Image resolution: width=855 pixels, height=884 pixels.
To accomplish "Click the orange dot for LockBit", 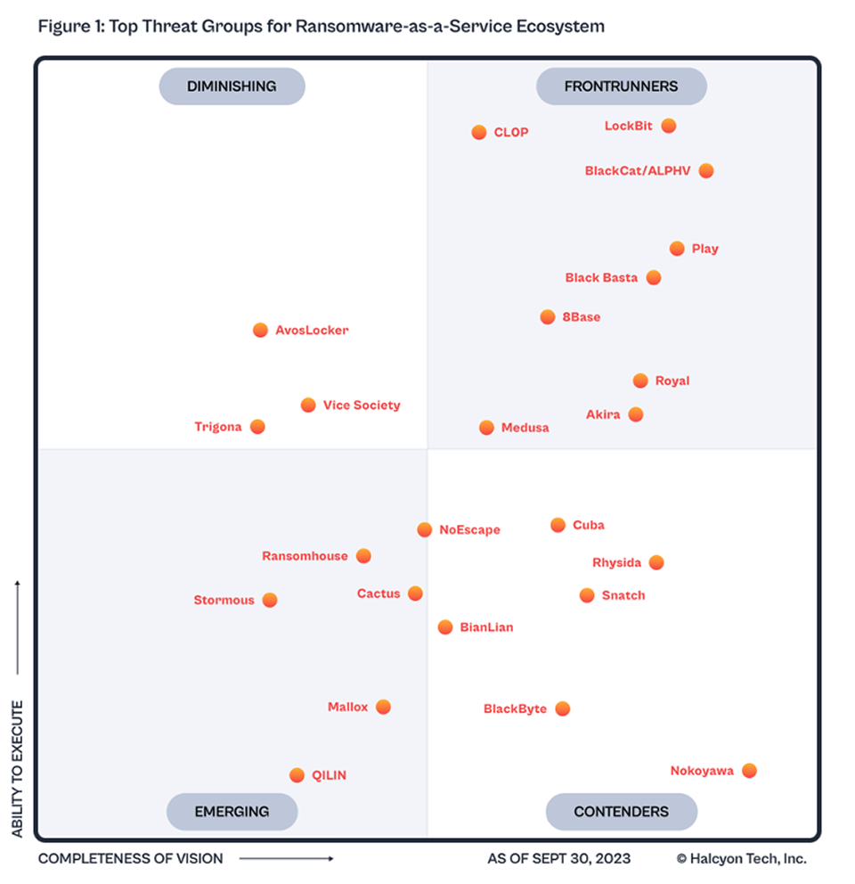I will [669, 126].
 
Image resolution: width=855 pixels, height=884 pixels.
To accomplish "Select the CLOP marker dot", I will [479, 133].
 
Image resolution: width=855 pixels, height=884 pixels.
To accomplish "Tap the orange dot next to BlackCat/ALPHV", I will [706, 170].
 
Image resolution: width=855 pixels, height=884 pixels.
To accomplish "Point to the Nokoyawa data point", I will [749, 771].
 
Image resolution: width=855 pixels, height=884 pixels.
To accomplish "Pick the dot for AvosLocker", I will [260, 331].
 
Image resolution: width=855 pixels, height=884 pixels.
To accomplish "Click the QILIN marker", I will [297, 775].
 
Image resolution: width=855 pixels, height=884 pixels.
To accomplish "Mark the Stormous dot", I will [270, 601].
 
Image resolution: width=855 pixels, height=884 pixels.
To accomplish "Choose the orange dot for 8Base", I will [548, 317].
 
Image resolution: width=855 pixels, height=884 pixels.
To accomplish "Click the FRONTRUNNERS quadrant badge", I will [621, 86].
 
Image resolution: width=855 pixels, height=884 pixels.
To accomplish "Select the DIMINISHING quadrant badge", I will [232, 86].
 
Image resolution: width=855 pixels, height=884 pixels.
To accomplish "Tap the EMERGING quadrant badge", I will [232, 812].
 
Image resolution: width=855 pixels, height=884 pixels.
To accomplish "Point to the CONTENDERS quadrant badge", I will [621, 812].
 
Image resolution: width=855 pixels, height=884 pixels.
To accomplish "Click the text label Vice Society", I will [362, 405].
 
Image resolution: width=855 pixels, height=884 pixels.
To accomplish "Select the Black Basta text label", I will [601, 278].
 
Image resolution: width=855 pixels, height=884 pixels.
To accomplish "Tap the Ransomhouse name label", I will [305, 556].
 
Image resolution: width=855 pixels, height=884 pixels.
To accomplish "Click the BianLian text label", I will [486, 627].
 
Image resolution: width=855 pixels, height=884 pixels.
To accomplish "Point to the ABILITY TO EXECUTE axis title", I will [18, 768].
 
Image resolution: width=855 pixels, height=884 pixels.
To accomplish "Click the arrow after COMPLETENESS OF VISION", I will [286, 859].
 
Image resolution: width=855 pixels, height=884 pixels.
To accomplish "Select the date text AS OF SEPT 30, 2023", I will [558, 859].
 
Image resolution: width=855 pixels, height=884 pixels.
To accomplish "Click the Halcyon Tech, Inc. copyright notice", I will [741, 859].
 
